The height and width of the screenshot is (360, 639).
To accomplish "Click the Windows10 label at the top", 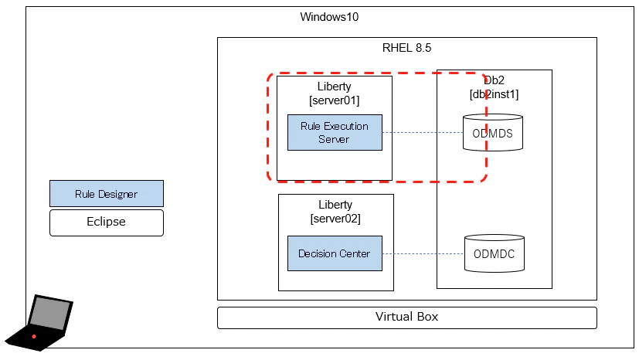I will click(x=329, y=17).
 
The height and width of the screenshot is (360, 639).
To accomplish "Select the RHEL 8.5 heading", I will click(x=406, y=47).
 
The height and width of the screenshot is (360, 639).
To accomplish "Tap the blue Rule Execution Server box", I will click(x=335, y=133).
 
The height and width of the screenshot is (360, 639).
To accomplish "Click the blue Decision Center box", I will click(x=335, y=253).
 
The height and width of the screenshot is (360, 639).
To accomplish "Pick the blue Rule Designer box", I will click(x=107, y=194).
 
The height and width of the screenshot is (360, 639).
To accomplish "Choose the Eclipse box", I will click(x=107, y=222).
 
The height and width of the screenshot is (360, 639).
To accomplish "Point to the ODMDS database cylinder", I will click(x=493, y=133).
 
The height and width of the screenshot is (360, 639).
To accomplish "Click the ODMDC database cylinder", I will click(x=494, y=253).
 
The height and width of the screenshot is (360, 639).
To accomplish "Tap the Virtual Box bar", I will click(x=406, y=317).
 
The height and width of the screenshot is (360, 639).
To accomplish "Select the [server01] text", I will click(x=334, y=100).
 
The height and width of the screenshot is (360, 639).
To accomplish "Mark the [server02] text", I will click(x=335, y=219).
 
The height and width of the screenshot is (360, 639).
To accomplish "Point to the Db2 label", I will click(x=495, y=80).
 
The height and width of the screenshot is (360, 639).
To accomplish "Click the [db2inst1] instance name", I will click(x=494, y=94).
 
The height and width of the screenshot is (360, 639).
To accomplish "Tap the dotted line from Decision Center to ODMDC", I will click(x=423, y=253).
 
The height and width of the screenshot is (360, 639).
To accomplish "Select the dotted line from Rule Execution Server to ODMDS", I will click(x=423, y=133).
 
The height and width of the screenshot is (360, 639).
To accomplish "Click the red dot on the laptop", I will click(x=34, y=337).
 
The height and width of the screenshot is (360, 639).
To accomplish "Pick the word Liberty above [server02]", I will click(x=335, y=205).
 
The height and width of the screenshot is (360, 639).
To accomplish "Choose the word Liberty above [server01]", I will click(x=334, y=86).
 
